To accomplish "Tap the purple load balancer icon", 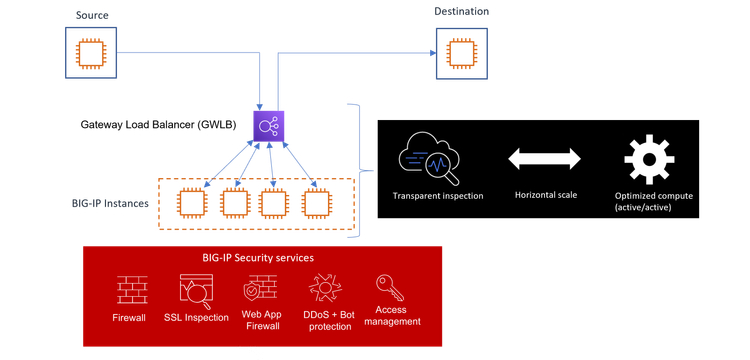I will point(268,126).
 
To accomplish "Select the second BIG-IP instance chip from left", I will point(232,204).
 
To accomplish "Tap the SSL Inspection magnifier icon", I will point(194,292).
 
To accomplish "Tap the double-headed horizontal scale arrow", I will point(544,157).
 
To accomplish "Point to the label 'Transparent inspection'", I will point(438,196).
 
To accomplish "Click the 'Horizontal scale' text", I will point(544,195).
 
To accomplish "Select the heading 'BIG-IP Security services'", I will point(259,258).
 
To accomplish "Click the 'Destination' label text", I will point(463,11).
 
